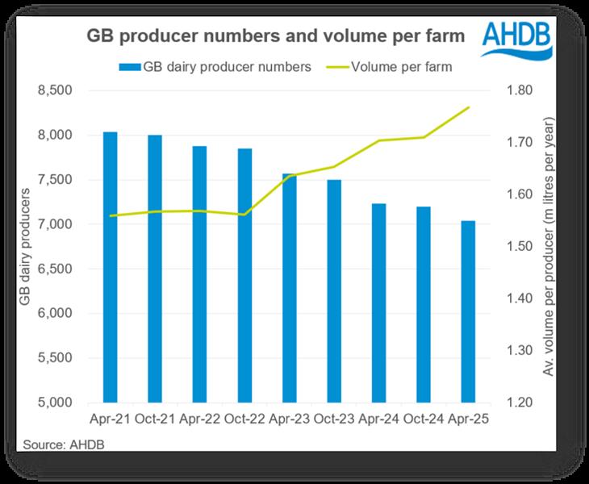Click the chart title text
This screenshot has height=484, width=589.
[276, 36]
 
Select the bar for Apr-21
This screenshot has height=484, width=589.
[111, 266]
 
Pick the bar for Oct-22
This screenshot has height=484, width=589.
[244, 275]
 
